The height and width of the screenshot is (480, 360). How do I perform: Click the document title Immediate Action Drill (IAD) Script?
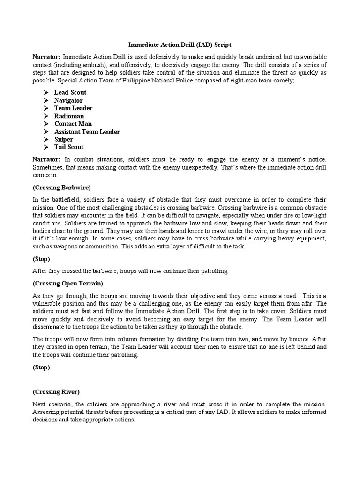180,45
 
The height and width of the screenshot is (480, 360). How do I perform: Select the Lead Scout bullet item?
70,92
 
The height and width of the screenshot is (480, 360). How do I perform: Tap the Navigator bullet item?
68,100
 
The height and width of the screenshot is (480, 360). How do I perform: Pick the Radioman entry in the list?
69,116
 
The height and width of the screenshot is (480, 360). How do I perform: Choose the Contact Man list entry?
73,124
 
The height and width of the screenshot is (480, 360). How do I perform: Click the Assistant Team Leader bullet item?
87,132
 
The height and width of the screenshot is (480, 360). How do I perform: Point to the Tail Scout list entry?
68,147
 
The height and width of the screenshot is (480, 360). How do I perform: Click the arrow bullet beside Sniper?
46,139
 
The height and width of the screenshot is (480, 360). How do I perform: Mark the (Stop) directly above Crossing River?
41,367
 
